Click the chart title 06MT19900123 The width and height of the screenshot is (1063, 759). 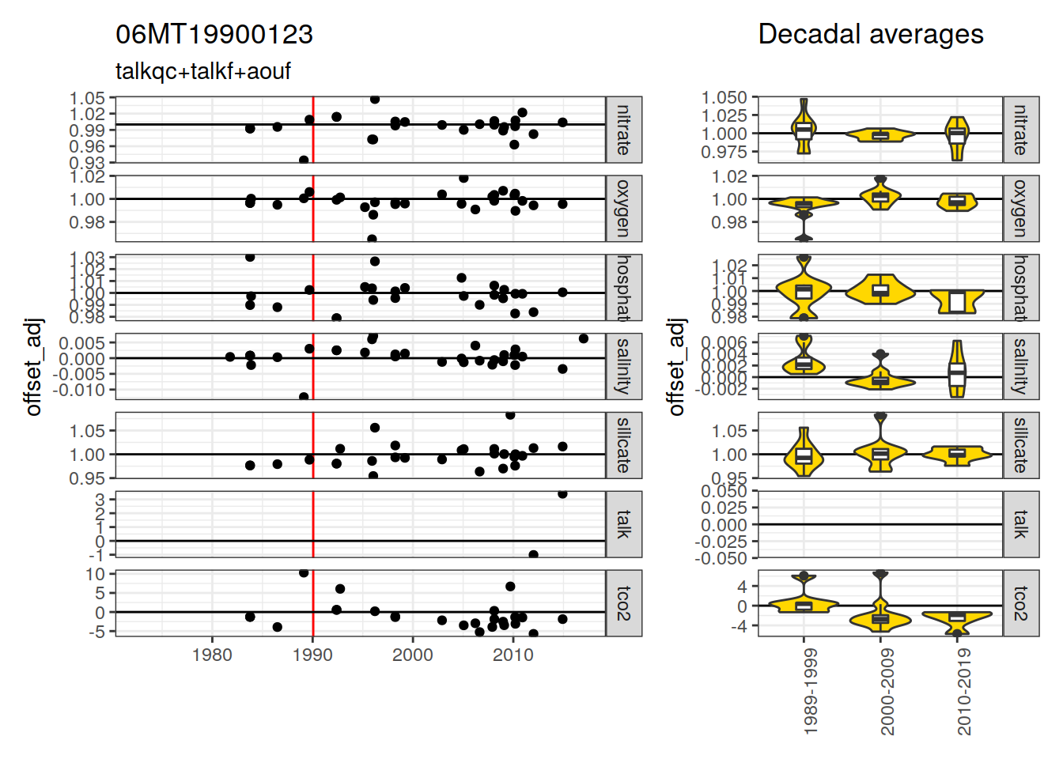pos(214,35)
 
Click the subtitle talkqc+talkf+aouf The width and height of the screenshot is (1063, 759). pos(203,72)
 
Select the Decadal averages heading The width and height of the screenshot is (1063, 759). pos(870,35)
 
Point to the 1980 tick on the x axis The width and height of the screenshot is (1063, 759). pos(212,655)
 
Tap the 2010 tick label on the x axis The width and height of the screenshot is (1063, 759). pos(513,655)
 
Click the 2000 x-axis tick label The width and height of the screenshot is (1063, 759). pos(413,655)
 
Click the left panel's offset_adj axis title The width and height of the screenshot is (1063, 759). pos(33,367)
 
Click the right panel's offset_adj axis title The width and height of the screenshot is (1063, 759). pos(675,367)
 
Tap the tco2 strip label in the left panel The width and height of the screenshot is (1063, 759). pos(624,603)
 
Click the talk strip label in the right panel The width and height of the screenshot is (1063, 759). pos(1021,524)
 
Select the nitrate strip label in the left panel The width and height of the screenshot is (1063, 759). pos(624,130)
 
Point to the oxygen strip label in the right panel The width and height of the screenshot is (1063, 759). pos(1021,209)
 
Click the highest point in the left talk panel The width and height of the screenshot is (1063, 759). pos(562,493)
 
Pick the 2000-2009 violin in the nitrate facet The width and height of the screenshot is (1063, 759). pos(880,135)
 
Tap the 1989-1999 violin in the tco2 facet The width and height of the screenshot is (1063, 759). pos(804,606)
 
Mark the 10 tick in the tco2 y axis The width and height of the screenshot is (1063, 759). pos(100,574)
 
